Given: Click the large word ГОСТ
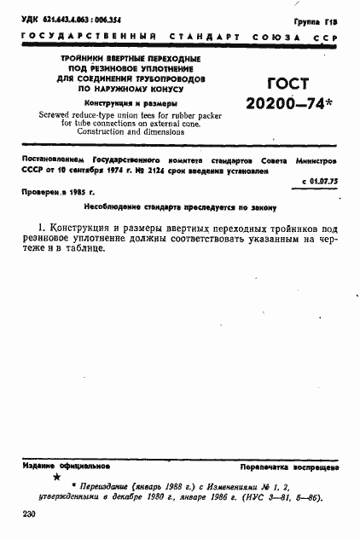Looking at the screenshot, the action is coord(287,84).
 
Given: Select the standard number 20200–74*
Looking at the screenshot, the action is coord(287,106).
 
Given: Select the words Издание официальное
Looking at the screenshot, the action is coord(67,467).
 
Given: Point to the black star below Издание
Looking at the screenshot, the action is coord(56,478).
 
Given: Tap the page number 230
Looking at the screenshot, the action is coord(29,516).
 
